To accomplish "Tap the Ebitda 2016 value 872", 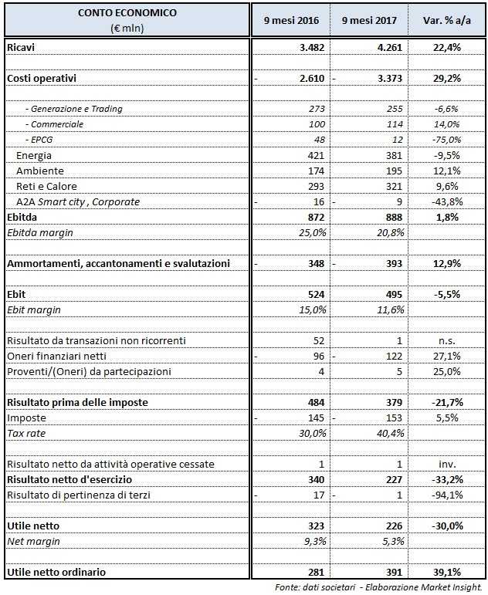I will [313, 218].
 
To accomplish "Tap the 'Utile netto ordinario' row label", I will [56, 572].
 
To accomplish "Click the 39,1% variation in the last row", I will [446, 572].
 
